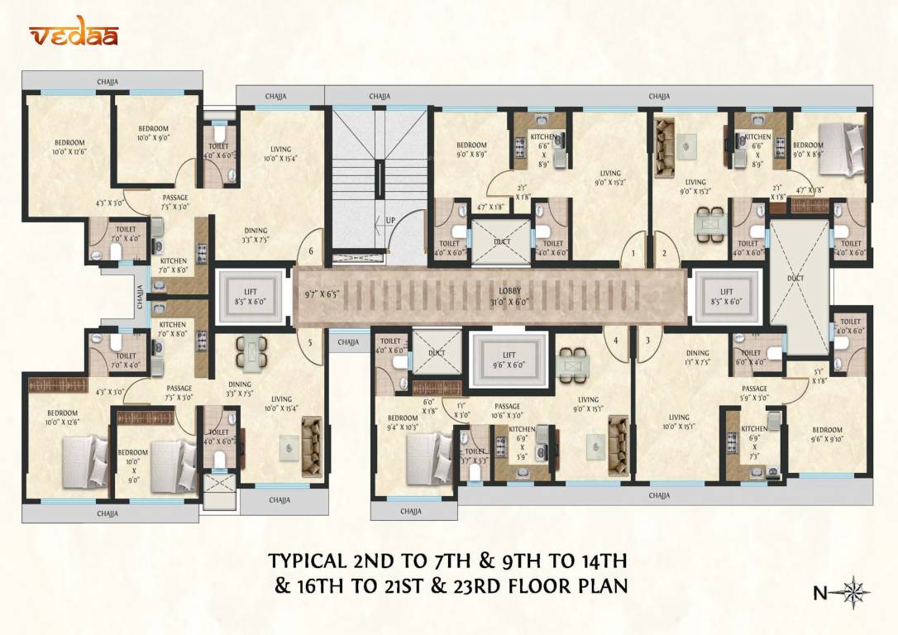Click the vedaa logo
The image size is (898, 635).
point(74,35)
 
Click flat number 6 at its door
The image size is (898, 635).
point(311,252)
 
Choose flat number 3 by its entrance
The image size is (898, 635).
point(648,340)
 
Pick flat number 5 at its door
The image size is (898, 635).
point(311,341)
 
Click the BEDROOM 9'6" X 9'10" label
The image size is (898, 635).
point(827,435)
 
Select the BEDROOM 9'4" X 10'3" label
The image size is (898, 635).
point(403,423)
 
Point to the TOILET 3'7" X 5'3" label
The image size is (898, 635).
point(475,456)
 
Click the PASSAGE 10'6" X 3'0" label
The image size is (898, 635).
point(507,410)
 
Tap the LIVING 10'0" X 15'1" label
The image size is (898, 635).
point(679,423)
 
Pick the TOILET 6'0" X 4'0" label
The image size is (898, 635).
point(750,357)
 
